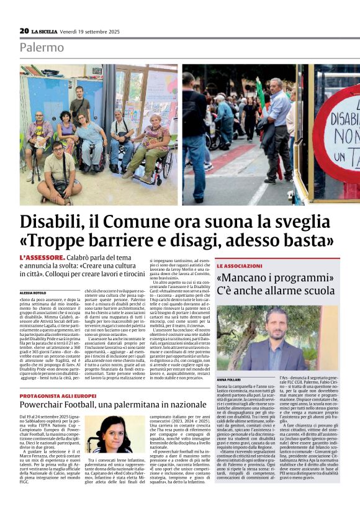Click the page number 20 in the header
click(x=24, y=30)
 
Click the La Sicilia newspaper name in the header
click(x=45, y=31)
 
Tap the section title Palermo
click(x=42, y=47)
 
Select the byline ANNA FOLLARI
click(x=230, y=378)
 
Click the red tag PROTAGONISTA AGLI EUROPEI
click(x=58, y=396)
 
